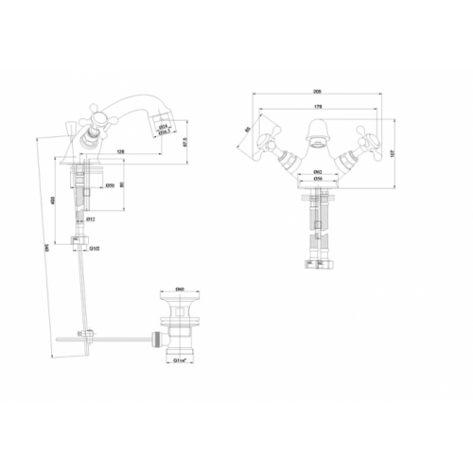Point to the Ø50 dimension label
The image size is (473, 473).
111,184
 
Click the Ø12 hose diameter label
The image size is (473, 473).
90,220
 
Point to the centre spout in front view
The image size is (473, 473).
316,132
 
